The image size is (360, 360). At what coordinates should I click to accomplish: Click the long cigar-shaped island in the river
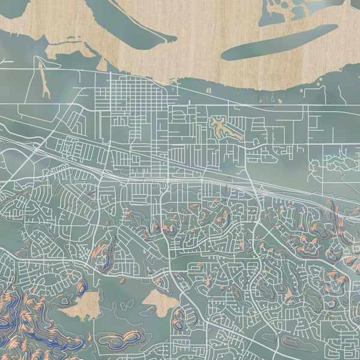[279, 43]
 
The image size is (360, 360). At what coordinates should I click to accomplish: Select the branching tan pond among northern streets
[223, 127]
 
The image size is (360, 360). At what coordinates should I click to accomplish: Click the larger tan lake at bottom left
[82, 305]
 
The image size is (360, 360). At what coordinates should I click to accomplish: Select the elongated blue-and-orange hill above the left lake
[106, 256]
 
